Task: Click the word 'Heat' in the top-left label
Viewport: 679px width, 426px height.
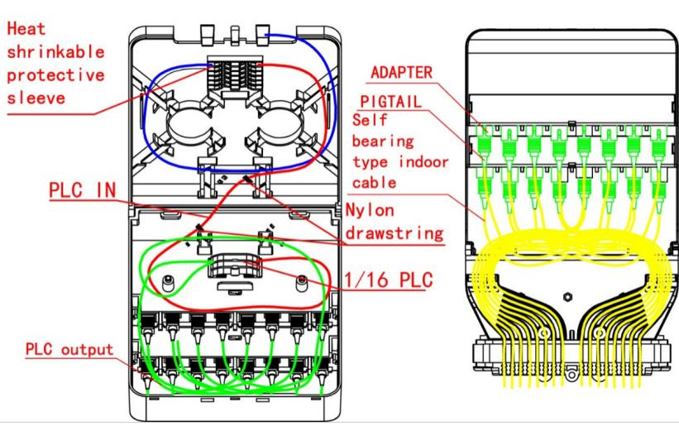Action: pos(26,29)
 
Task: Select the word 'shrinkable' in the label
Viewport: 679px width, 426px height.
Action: pos(56,52)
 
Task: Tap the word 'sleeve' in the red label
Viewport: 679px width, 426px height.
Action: pos(36,98)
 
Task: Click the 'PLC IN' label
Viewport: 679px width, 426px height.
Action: pos(82,190)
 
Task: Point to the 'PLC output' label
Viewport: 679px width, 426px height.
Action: pos(69,349)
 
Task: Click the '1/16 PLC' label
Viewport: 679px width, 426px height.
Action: pos(389,280)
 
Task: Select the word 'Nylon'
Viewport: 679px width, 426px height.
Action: pos(370,210)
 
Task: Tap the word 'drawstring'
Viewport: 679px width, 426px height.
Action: pos(394,233)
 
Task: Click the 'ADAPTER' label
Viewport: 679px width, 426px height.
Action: pos(401,72)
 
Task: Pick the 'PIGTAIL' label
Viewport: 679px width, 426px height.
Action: pos(390,102)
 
